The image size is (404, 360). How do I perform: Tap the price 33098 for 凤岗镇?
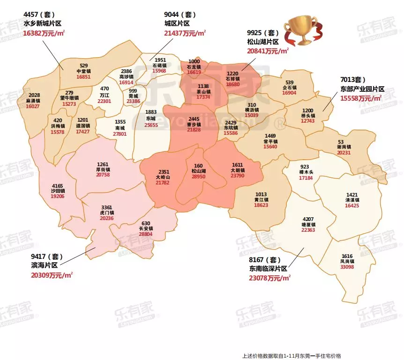coord(347,267)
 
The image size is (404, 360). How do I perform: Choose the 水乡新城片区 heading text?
coord(43,23)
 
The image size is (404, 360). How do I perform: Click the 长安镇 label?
coord(146,228)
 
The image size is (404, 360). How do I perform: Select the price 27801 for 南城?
coord(120,133)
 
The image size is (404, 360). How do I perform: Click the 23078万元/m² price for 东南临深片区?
coord(270,278)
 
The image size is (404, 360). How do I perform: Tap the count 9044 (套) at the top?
coord(181,14)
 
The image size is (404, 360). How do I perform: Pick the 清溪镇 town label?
coord(352,200)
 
